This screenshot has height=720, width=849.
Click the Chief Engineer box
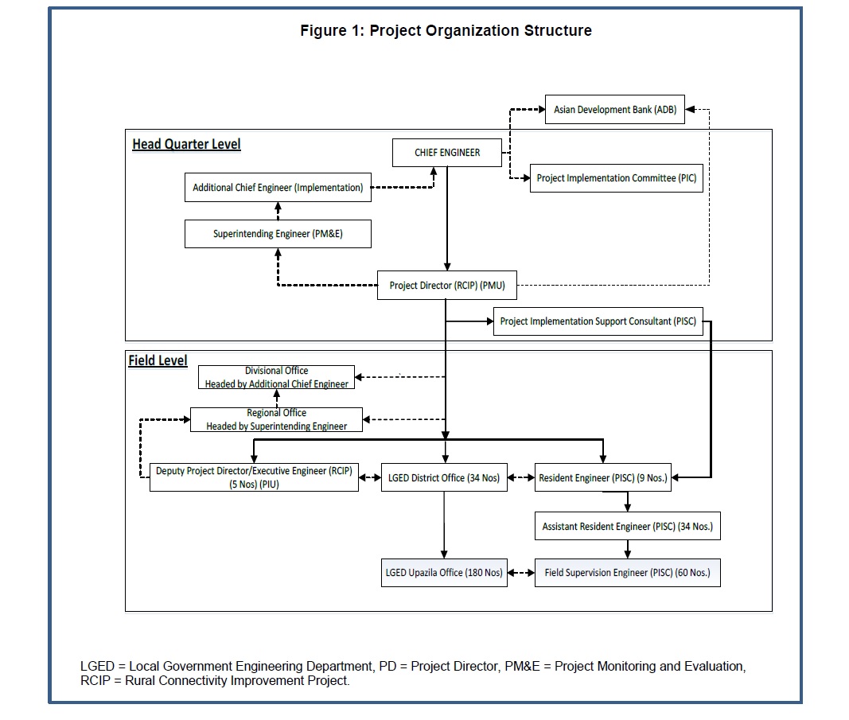point(446,153)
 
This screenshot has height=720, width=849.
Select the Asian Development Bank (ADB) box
point(614,109)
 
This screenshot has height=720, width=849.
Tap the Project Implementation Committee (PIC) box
point(616,178)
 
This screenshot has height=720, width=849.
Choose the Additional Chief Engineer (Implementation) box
point(278,187)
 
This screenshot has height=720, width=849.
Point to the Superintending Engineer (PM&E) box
point(278,234)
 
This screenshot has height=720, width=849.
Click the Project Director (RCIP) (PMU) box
point(446,286)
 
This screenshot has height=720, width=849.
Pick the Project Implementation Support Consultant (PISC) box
point(598,321)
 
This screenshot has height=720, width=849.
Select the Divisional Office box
point(276,377)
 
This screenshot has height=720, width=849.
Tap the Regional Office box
point(276,419)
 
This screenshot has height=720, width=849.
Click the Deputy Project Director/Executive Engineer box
point(254,477)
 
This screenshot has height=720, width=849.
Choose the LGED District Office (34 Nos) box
point(444,477)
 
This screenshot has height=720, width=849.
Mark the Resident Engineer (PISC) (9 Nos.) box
point(602,477)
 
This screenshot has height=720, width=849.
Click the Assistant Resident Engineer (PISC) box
point(628,526)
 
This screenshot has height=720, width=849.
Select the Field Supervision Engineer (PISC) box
point(628,573)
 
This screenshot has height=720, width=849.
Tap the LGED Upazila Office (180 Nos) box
point(444,573)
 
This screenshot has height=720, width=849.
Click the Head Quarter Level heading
point(186,145)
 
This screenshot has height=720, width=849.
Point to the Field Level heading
point(158,360)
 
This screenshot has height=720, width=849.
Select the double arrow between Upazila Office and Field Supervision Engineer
point(521,573)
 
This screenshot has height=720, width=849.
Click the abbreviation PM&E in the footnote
point(523,666)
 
